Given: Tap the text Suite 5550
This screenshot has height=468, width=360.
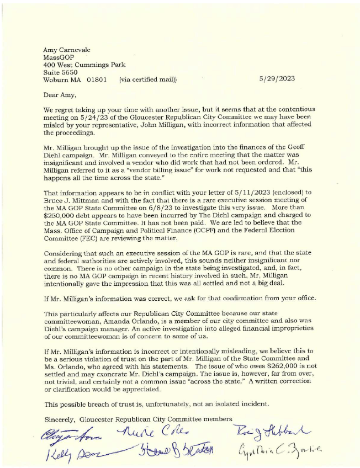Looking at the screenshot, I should click(60, 72).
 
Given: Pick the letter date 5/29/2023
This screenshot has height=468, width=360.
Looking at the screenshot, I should click(277, 79).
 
